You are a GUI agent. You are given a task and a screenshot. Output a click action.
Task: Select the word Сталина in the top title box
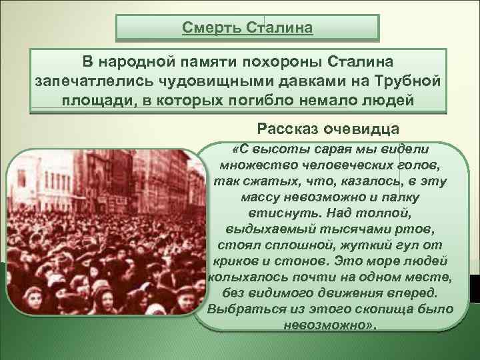[279, 29]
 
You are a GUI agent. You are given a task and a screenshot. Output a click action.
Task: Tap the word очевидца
[363, 127]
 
